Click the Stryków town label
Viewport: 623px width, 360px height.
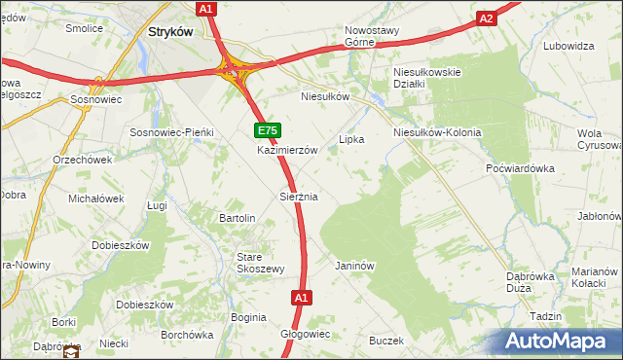point(170,31)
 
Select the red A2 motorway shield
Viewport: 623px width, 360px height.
point(487,18)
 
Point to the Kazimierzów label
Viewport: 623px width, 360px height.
point(288,151)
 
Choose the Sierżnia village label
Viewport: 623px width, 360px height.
point(299,197)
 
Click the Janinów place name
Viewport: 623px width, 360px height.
point(354,266)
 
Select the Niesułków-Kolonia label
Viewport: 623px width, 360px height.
point(437,131)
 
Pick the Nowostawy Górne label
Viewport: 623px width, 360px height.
point(372,36)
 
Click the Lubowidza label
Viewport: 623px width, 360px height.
point(569,46)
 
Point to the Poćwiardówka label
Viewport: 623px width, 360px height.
point(520,168)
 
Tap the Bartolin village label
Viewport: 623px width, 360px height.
point(238,218)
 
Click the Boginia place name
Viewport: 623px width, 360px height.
point(248,317)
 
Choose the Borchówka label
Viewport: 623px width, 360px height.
point(187,335)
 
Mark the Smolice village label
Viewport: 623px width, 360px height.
point(84,28)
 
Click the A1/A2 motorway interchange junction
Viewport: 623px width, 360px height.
point(234,69)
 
